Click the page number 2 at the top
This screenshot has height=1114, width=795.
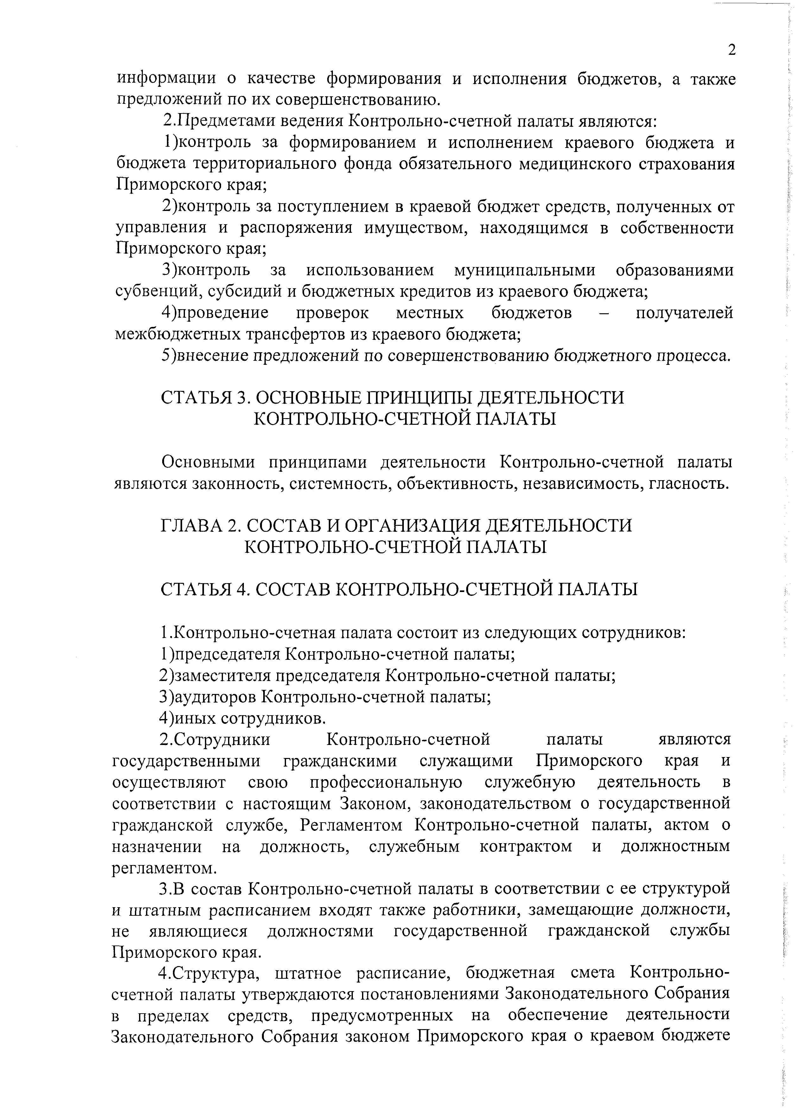[x=731, y=50]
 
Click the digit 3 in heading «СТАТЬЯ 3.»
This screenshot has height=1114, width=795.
[x=240, y=398]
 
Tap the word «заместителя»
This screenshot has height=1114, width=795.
[x=223, y=675]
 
